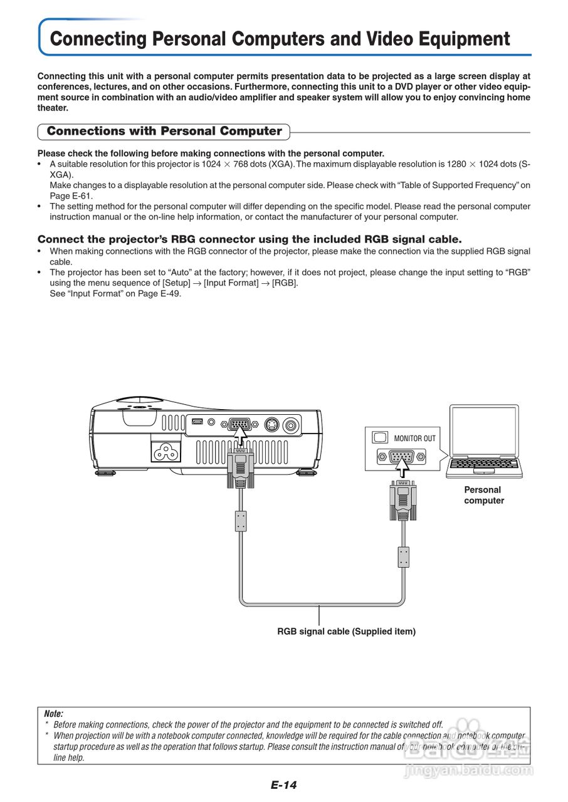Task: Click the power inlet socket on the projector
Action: point(168,451)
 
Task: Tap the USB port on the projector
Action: point(197,422)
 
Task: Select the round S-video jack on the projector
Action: point(271,425)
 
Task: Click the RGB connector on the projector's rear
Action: point(238,424)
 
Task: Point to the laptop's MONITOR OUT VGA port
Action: point(401,457)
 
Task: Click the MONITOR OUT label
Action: point(414,438)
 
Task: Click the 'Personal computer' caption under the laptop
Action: point(483,495)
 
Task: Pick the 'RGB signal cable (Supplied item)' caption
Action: point(346,632)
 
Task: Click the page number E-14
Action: point(283,785)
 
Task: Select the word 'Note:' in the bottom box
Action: point(54,714)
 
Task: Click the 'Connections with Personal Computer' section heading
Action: point(164,131)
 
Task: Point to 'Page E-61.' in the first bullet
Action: point(71,195)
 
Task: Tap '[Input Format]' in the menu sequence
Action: point(231,283)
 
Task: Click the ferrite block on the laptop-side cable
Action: point(404,556)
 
